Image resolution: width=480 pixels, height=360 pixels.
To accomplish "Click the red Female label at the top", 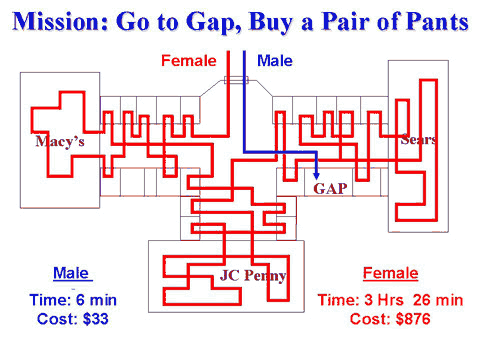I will [x=188, y=61].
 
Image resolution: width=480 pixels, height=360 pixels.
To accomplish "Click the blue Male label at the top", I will [x=274, y=61].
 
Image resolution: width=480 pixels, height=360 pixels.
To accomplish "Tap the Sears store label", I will [x=417, y=139].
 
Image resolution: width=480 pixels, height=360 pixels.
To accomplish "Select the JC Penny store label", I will [x=253, y=275].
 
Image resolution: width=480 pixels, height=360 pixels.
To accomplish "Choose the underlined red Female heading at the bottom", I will [x=390, y=273].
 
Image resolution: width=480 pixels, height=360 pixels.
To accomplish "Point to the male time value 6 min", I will [x=97, y=299].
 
